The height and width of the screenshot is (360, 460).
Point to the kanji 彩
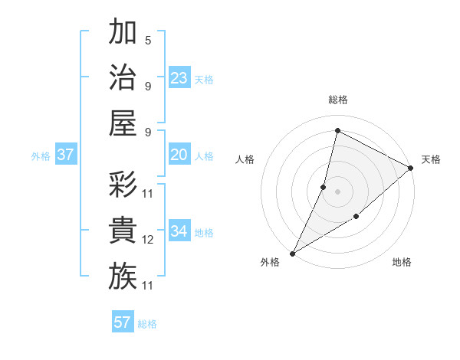coord(123,184)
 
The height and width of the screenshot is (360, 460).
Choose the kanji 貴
coord(123,231)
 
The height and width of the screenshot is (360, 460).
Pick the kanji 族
coord(123,276)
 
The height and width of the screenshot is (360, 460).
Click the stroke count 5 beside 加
coord(148,41)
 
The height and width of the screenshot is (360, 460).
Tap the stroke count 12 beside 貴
coord(148,240)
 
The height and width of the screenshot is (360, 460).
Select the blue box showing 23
coord(179,77)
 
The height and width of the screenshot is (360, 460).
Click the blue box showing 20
coord(179,155)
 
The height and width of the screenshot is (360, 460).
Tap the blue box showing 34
coord(179,231)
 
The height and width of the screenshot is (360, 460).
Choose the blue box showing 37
coord(66,155)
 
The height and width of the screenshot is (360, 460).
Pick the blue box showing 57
coord(123,322)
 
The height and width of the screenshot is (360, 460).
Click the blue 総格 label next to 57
coord(147,324)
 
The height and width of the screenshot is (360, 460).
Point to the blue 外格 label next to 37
coord(41,156)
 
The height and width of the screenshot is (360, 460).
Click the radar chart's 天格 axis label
coord(431,159)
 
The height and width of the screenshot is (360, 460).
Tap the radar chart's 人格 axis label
coord(245,159)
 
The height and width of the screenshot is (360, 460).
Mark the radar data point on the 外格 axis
coord(292,253)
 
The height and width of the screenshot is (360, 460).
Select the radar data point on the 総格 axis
coord(337,131)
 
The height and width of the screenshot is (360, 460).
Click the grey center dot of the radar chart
coord(337,191)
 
